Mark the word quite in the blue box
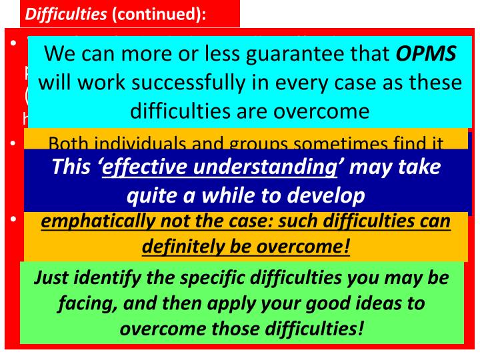pos(150,195)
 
